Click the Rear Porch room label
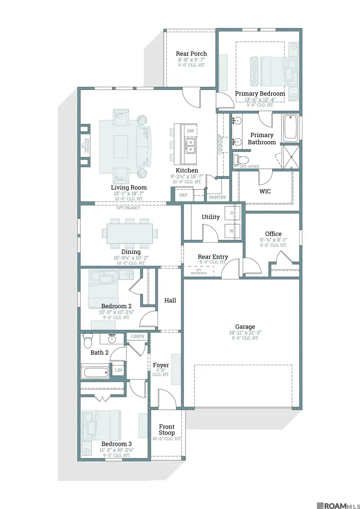coord(192,54)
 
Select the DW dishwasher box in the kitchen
coord(190,131)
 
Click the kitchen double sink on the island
coord(190,146)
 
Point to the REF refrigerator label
coord(183,195)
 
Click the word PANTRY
coord(218,197)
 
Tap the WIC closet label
coord(265,191)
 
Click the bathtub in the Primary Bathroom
coord(290,128)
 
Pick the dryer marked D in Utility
coord(232,213)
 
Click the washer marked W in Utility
coord(232,231)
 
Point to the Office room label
coord(273,234)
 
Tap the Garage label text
coord(245,327)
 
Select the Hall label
coord(170,300)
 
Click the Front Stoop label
coord(167,429)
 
